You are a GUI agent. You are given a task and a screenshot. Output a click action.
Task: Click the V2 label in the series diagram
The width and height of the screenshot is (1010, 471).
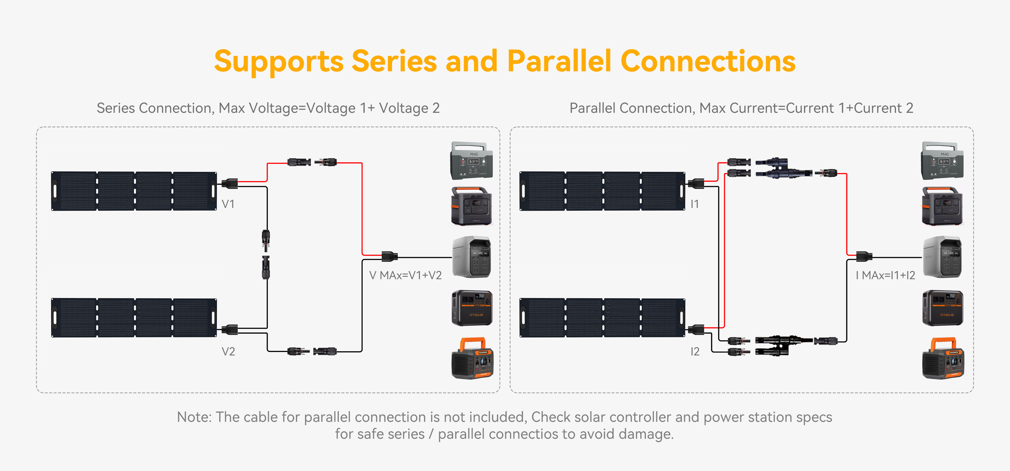(x=228, y=351)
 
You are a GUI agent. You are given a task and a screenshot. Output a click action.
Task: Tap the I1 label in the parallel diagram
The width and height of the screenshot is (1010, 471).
(x=694, y=204)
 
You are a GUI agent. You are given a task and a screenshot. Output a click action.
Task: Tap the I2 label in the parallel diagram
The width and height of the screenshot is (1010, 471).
(x=695, y=351)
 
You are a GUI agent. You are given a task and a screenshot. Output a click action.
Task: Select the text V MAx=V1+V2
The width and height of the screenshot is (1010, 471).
(x=406, y=275)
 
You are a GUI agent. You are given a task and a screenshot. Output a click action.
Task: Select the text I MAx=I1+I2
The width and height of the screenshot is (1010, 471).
(x=885, y=275)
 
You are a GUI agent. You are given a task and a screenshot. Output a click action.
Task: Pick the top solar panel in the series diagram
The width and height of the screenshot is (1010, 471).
(x=134, y=191)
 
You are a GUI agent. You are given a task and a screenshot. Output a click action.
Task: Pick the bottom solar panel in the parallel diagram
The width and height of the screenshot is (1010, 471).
(x=602, y=318)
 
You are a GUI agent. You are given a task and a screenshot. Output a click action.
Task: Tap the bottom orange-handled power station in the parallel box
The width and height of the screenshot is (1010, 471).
(x=942, y=358)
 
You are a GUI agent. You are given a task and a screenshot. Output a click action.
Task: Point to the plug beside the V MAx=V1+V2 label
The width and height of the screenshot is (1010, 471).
(x=389, y=256)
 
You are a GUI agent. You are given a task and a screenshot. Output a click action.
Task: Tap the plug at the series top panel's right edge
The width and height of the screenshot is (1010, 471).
(x=230, y=183)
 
